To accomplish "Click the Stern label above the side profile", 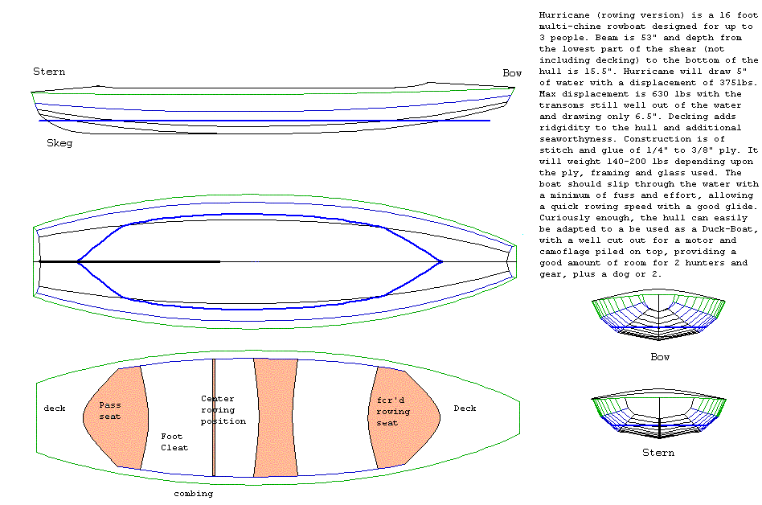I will pyautogui.click(x=49, y=72).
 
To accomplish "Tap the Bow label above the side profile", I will pyautogui.click(x=512, y=72).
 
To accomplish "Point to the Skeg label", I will pyautogui.click(x=59, y=143).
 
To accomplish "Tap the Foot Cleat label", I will pyautogui.click(x=174, y=441).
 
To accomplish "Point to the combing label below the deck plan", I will pyautogui.click(x=194, y=493).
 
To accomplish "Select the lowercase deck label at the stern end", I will pyautogui.click(x=55, y=408).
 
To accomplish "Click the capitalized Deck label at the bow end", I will pyautogui.click(x=465, y=408).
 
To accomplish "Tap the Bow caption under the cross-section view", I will pyautogui.click(x=659, y=356).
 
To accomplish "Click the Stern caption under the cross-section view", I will pyautogui.click(x=658, y=453).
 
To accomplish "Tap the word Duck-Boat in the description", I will pyautogui.click(x=699, y=228).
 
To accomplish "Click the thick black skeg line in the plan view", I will pyautogui.click(x=129, y=261).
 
